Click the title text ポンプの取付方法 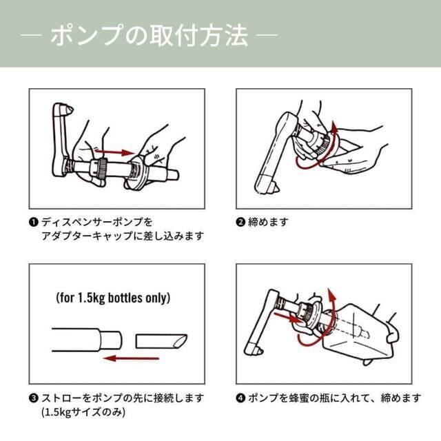(149, 35)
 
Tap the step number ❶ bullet (33, 222)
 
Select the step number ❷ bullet (240, 222)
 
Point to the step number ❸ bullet (33, 398)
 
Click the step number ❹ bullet (240, 398)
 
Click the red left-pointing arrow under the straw (132, 358)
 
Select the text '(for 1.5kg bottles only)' (113, 298)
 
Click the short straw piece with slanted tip (161, 341)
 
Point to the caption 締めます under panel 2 (268, 222)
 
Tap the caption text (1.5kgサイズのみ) (83, 412)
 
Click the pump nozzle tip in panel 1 (69, 109)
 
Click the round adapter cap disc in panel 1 (134, 172)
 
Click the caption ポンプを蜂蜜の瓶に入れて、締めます (335, 398)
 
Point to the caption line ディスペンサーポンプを (97, 222)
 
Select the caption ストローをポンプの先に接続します (123, 398)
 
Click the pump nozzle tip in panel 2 (275, 187)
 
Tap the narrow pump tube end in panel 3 (110, 340)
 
